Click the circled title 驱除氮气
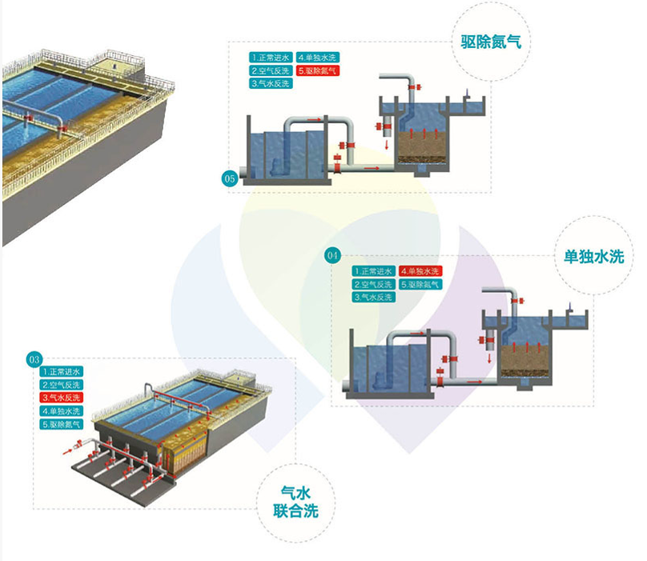(x=491, y=41)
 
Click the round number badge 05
(x=230, y=178)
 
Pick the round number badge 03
(x=34, y=359)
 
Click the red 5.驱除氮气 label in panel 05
(x=318, y=70)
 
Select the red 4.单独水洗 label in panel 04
(x=421, y=271)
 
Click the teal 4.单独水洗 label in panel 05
(x=318, y=58)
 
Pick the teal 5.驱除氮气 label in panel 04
(x=421, y=284)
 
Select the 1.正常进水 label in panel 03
(x=62, y=372)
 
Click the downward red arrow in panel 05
(x=387, y=145)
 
